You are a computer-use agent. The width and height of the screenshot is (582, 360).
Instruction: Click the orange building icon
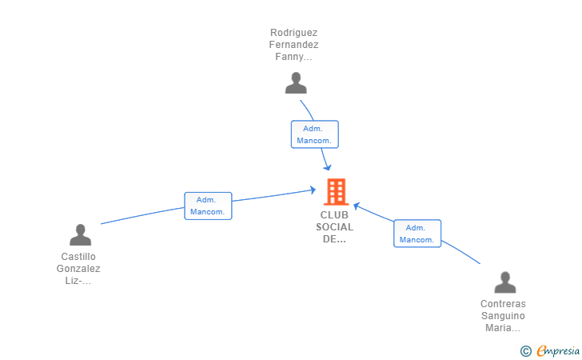tap(337, 192)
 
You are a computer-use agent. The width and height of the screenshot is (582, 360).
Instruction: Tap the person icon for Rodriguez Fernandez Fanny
tap(296, 83)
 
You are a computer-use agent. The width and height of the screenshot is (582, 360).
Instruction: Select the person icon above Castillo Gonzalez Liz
tap(80, 234)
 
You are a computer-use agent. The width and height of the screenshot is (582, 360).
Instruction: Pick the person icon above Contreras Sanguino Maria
tap(504, 282)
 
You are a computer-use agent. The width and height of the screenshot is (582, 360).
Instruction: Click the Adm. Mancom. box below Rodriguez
tap(315, 134)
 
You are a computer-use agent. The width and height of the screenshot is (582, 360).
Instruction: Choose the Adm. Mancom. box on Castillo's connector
tap(208, 206)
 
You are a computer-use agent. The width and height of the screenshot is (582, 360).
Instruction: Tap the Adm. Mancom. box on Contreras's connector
tap(417, 234)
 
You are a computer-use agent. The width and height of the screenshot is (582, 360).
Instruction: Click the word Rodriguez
tap(293, 33)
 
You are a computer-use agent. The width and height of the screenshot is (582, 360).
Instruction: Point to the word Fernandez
tap(293, 45)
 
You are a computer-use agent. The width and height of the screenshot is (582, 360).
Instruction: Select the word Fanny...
tap(289, 57)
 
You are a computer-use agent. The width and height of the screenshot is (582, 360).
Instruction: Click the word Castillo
tap(78, 257)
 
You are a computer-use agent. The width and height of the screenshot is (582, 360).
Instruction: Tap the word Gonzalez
tap(78, 269)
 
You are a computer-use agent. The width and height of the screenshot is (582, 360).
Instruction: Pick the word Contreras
tap(503, 304)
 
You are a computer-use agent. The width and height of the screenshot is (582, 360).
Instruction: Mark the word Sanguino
tap(503, 316)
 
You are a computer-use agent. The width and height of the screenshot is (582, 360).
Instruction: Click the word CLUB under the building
tap(334, 215)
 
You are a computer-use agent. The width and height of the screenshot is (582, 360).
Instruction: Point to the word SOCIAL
tap(334, 227)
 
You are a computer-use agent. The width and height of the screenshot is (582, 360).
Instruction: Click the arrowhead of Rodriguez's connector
tap(328, 167)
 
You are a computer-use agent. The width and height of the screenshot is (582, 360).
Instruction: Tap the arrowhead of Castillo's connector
tap(313, 190)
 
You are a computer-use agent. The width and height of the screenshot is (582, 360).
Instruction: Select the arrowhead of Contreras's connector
tap(357, 206)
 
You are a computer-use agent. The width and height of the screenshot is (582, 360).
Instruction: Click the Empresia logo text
tap(558, 350)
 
